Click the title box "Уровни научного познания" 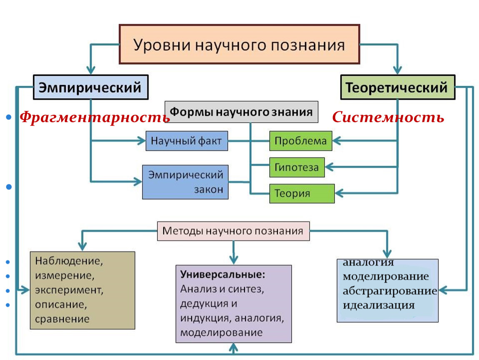click(x=239, y=44)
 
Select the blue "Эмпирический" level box click(x=90, y=87)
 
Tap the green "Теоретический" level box click(x=397, y=87)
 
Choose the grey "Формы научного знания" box click(x=242, y=112)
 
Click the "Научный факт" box click(x=187, y=140)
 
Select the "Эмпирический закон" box click(x=185, y=182)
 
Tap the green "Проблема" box click(x=301, y=141)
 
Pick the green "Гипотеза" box click(x=297, y=167)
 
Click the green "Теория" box click(x=302, y=193)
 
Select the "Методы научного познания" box click(x=233, y=231)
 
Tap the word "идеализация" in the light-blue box click(x=379, y=305)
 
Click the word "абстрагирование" click(x=389, y=291)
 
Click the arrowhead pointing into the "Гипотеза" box click(x=329, y=167)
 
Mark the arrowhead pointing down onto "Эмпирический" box click(x=91, y=70)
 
